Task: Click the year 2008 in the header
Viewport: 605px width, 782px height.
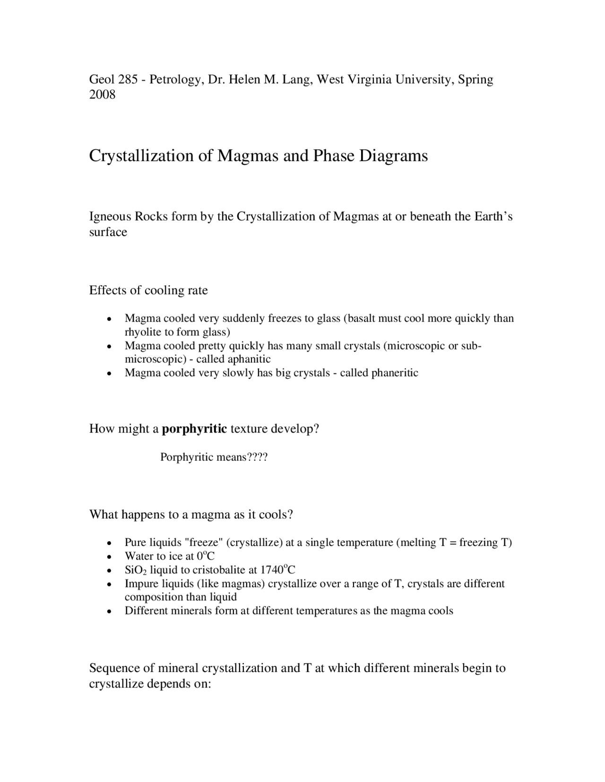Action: point(102,95)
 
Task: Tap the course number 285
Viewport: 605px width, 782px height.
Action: point(128,79)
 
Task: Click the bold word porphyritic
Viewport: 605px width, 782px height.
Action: point(194,429)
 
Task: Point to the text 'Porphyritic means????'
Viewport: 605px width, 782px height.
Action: point(214,457)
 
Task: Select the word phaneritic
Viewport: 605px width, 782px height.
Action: point(395,373)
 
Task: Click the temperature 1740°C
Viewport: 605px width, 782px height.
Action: point(278,569)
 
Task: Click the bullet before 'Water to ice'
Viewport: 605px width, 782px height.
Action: point(109,557)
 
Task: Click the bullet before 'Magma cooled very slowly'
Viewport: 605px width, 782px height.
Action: point(109,374)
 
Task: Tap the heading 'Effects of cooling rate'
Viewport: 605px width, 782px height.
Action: point(148,290)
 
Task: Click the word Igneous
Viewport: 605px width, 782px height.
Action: point(110,217)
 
